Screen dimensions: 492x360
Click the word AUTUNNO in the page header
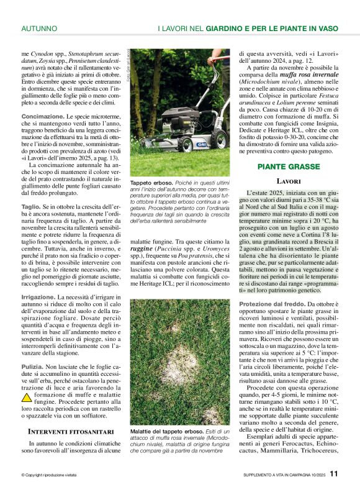click(x=39, y=29)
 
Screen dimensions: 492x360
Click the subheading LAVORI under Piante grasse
click(x=289, y=181)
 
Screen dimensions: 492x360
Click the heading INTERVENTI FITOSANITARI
click(x=71, y=431)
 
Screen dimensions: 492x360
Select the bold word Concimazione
click(x=42, y=116)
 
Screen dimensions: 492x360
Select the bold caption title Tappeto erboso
click(x=151, y=184)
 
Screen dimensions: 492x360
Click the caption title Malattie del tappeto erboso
click(x=166, y=431)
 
